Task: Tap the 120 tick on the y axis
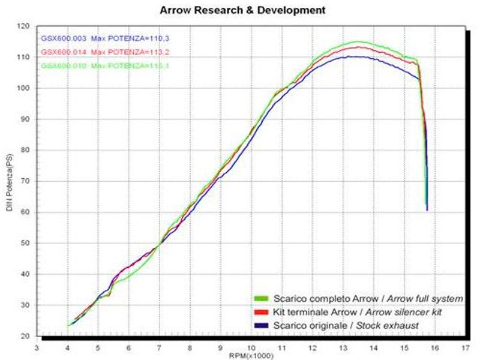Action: [24, 26]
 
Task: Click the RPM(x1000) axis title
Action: [251, 355]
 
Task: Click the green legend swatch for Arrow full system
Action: [260, 298]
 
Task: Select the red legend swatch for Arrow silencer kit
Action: [260, 311]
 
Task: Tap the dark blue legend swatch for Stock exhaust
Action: [260, 325]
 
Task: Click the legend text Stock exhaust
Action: [389, 325]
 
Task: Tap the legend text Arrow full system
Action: [425, 298]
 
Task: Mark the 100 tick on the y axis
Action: [24, 88]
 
